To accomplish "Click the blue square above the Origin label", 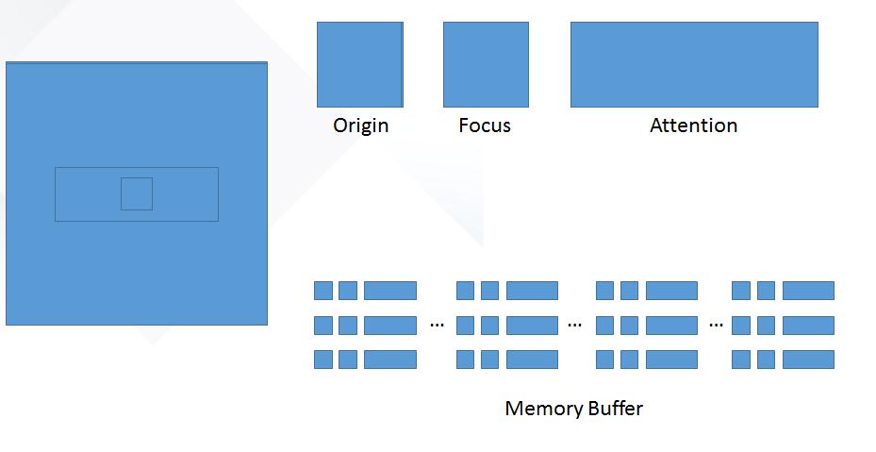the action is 360,64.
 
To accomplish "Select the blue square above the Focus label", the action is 486,64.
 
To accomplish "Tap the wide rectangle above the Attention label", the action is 694,64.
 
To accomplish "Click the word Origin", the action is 361,126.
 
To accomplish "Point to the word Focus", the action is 485,125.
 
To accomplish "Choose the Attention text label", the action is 693,125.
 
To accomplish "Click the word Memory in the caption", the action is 541,409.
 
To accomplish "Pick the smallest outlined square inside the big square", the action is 137,194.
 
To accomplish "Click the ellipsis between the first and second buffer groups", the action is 437,324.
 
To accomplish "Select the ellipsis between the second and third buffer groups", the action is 574,324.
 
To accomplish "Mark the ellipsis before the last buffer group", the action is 717,324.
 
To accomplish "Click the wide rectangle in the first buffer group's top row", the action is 390,291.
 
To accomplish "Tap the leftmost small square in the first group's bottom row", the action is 322,360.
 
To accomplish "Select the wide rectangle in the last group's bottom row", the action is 808,360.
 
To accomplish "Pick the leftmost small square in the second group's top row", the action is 466,291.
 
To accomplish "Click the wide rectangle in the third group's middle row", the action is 671,325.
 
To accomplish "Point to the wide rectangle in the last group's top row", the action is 808,291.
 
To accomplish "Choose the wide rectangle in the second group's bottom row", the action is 532,360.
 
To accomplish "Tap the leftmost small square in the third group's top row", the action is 605,291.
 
